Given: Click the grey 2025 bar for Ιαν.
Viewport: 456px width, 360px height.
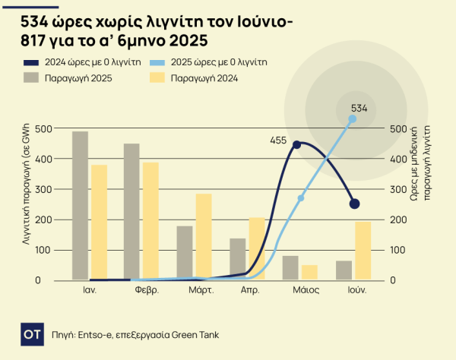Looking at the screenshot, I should [x=80, y=205].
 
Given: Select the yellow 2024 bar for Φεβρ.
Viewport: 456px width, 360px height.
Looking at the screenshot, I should [x=150, y=221].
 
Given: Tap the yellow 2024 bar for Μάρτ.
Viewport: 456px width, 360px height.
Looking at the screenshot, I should [x=204, y=237].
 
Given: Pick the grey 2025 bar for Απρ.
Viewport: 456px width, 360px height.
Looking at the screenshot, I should [x=238, y=259].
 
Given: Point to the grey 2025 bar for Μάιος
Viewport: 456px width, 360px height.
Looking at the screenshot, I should [x=290, y=267].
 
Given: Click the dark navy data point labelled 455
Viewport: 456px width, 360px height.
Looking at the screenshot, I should [x=297, y=144].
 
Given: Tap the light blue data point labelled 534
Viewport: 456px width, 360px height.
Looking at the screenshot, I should [x=352, y=118].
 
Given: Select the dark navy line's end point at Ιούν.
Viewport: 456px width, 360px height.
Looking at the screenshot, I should [x=354, y=204].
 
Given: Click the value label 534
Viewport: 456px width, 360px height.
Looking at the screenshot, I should [x=359, y=108].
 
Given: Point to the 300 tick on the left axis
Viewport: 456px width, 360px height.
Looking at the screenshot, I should [x=43, y=189].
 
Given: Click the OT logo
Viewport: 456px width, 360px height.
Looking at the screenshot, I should [x=31, y=333].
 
